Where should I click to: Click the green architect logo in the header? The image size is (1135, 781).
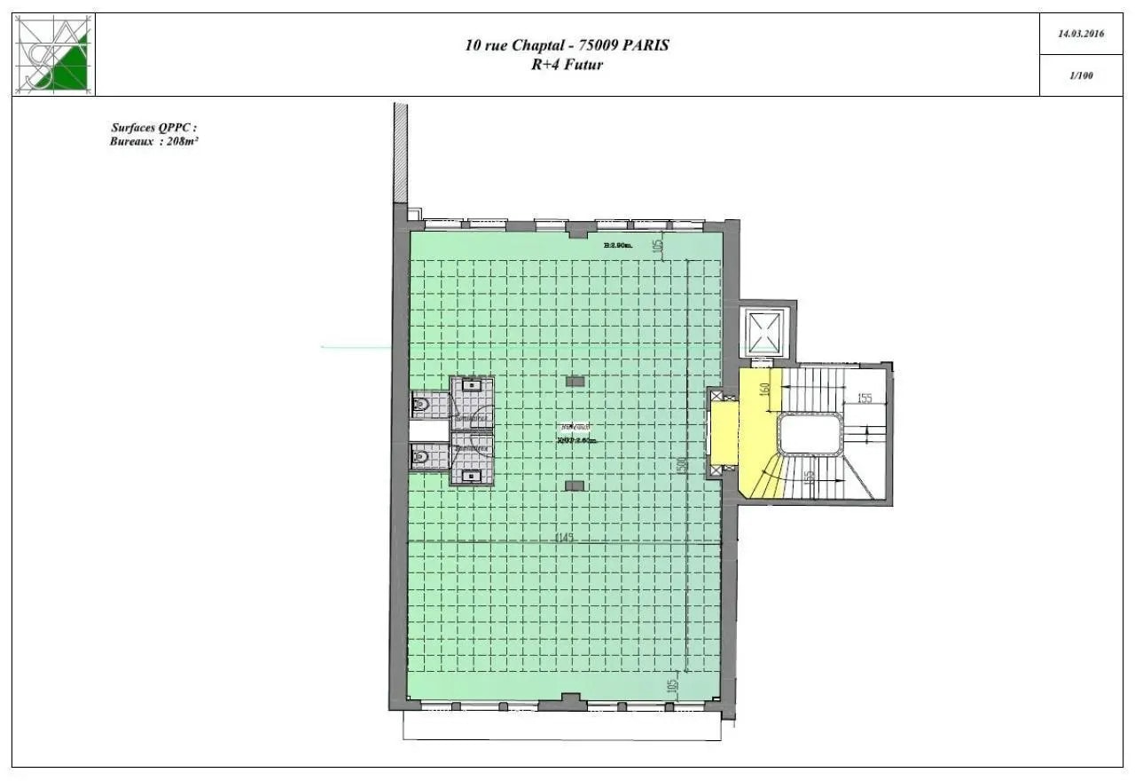click(x=54, y=54)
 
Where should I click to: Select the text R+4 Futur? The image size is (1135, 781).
click(x=567, y=64)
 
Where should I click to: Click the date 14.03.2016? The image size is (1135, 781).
click(x=1081, y=34)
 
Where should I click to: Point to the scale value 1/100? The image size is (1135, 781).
click(x=1081, y=75)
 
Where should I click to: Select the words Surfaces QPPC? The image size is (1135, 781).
click(x=146, y=128)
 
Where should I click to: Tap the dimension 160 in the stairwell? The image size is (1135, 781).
click(x=765, y=390)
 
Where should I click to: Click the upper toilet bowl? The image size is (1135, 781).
click(x=422, y=405)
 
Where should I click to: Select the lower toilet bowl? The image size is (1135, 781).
click(x=422, y=456)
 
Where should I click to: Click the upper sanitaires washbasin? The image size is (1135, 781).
click(x=472, y=387)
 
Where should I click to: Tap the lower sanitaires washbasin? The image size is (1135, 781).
click(x=472, y=475)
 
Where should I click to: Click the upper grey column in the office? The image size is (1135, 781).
click(x=575, y=382)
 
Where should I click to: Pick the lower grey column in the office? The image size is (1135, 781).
click(x=575, y=485)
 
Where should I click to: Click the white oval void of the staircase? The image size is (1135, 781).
click(x=810, y=435)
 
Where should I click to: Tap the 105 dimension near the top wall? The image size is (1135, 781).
click(x=658, y=246)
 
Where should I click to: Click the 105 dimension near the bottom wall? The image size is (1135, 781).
click(x=671, y=687)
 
